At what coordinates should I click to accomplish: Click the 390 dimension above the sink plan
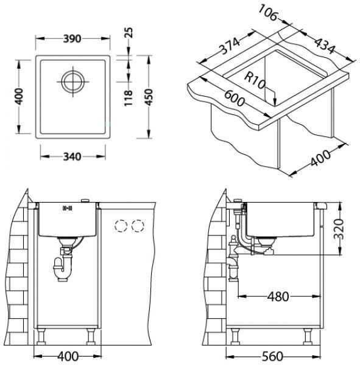[x=72, y=39]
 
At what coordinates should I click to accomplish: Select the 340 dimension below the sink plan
[x=72, y=157]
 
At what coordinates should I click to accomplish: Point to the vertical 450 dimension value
[x=149, y=97]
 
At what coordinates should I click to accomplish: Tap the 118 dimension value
[x=129, y=98]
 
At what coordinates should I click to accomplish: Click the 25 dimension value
[x=129, y=33]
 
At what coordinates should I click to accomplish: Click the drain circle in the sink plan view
[x=72, y=82]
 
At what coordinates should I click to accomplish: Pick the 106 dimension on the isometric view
[x=269, y=13]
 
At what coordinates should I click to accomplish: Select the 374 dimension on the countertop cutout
[x=230, y=46]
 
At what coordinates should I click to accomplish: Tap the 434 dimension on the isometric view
[x=325, y=46]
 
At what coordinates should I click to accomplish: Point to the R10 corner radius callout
[x=255, y=80]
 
